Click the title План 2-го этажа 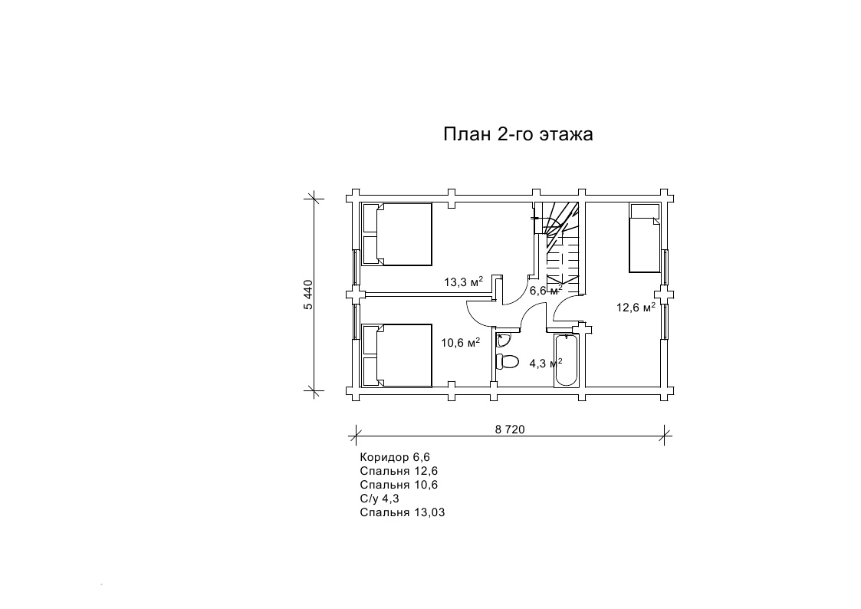coord(518,134)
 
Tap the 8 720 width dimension coord(510,430)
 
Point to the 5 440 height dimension coord(308,295)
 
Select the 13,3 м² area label coord(463,281)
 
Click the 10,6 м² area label coord(461,343)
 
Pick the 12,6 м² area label coord(636,307)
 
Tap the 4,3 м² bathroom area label coord(545,363)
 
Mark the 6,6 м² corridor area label coord(545,290)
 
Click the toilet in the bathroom coord(507,362)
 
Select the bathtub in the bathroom coord(566,359)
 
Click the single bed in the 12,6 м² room coord(645,238)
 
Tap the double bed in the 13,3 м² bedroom coord(397,235)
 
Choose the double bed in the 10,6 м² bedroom coord(397,356)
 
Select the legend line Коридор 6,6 coord(395,457)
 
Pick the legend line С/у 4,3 coord(380,499)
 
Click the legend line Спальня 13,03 coord(403,512)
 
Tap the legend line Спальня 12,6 coord(399,471)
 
